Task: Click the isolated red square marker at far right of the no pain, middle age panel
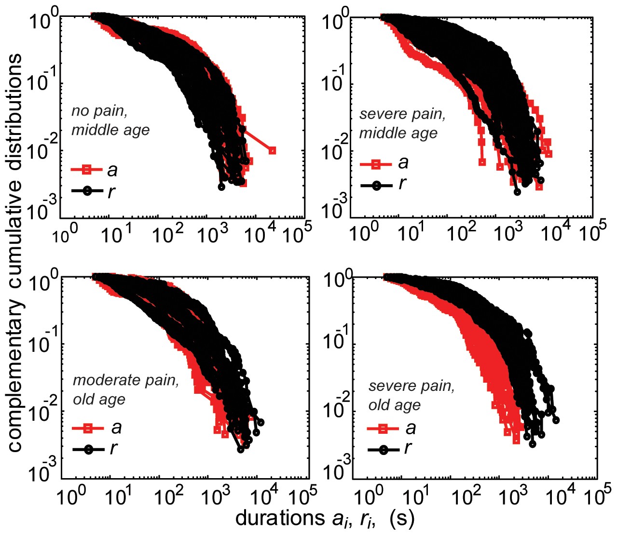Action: point(272,150)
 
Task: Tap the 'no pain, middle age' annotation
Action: point(110,120)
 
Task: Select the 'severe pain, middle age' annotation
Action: point(402,123)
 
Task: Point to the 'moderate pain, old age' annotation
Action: point(125,389)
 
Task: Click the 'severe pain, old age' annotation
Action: point(411,395)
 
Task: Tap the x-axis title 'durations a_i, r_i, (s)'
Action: point(325,519)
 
